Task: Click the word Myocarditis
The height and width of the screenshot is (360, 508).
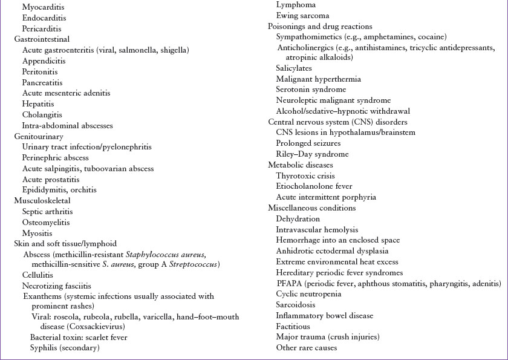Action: tap(43, 7)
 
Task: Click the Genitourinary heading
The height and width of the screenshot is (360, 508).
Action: tap(39, 137)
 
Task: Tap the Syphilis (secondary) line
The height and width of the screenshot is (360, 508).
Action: tap(65, 348)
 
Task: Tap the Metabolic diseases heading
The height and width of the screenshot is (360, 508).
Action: tap(301, 165)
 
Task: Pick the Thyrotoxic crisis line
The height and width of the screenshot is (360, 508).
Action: tap(305, 176)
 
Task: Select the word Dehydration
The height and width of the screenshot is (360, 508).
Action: tap(298, 218)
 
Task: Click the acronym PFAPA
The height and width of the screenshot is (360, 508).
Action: tap(289, 283)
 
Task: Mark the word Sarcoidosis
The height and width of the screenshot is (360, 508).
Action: tap(296, 305)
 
